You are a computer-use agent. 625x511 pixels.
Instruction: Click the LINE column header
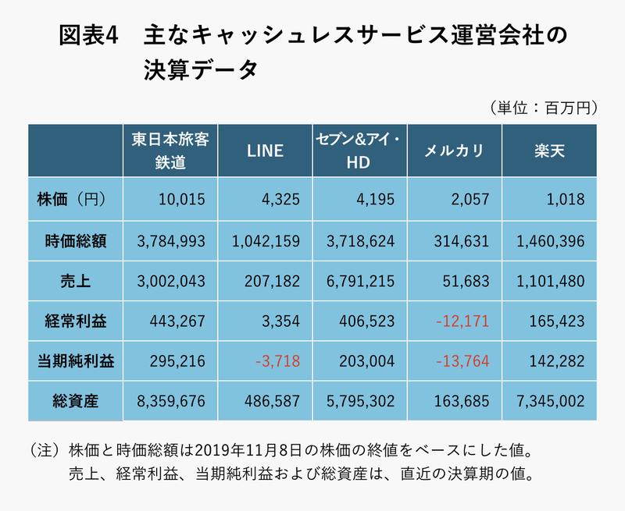coord(265,151)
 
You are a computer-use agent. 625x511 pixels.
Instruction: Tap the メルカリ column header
coord(455,151)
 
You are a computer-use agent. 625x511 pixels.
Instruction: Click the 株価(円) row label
coord(71,200)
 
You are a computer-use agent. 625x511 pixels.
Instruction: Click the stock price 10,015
coord(180,200)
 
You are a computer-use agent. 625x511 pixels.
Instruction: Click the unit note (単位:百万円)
coord(541,107)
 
